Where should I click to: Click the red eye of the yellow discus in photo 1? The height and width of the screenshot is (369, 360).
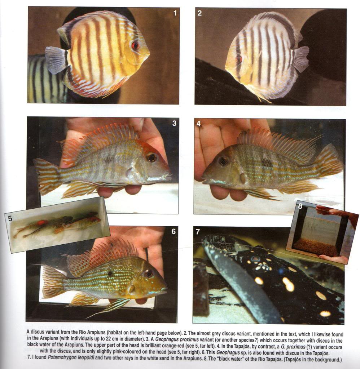pyautogui.click(x=135, y=45)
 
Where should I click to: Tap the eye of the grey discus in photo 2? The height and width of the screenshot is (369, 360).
pyautogui.click(x=239, y=59)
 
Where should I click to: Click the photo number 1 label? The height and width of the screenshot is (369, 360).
pyautogui.click(x=175, y=13)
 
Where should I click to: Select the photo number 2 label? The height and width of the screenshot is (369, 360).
pyautogui.click(x=199, y=13)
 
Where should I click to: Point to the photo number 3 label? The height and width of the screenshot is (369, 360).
pyautogui.click(x=174, y=123)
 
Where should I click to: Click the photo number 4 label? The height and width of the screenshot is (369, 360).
pyautogui.click(x=198, y=124)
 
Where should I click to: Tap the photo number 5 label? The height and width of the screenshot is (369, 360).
pyautogui.click(x=10, y=219)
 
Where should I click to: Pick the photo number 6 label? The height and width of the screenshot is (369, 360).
pyautogui.click(x=174, y=232)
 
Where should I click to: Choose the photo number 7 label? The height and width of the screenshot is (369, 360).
pyautogui.click(x=197, y=232)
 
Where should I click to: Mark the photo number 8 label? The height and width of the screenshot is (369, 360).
pyautogui.click(x=300, y=206)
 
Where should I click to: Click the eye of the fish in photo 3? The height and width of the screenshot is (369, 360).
pyautogui.click(x=151, y=157)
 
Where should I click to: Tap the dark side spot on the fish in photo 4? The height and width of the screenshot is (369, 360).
pyautogui.click(x=267, y=163)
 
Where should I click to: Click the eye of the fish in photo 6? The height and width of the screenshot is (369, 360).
pyautogui.click(x=149, y=274)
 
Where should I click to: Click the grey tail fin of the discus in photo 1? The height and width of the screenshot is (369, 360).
pyautogui.click(x=56, y=59)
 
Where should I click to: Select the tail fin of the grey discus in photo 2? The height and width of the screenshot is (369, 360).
pyautogui.click(x=300, y=59)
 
